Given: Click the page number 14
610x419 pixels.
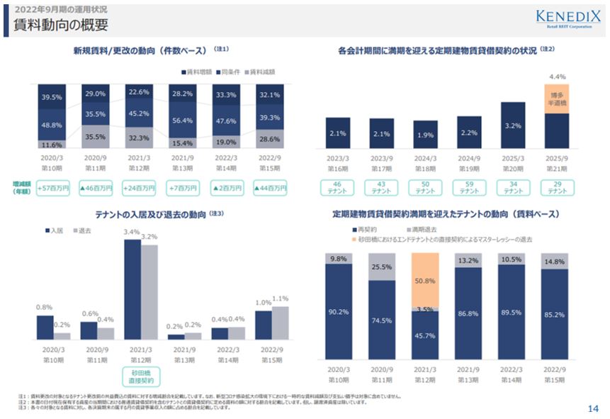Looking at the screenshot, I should (593, 408).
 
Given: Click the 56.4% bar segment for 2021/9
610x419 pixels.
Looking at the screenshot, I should (182, 121).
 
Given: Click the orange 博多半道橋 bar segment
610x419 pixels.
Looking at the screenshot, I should (556, 99).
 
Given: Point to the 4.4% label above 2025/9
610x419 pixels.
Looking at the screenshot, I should (556, 77).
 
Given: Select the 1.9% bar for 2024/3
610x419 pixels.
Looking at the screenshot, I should (425, 135).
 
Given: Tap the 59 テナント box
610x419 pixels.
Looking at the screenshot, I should (469, 188).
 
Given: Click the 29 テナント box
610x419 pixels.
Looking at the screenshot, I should (557, 188).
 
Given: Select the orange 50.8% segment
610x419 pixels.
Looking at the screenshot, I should (425, 281).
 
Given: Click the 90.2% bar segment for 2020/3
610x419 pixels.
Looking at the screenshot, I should (337, 312).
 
